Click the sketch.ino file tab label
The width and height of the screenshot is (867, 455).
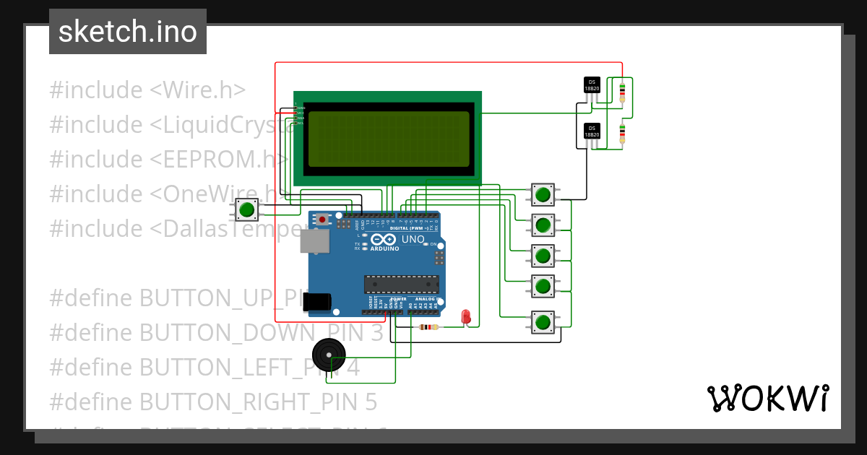127,32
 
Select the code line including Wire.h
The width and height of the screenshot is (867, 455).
147,90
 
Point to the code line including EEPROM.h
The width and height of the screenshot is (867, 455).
168,159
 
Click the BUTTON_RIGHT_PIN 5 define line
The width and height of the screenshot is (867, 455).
212,401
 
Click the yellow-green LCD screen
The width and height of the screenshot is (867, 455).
389,139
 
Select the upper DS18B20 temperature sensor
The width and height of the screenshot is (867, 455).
592,86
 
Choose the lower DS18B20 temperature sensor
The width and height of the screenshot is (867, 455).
592,132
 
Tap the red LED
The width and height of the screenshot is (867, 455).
466,316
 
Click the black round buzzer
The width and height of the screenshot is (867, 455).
329,355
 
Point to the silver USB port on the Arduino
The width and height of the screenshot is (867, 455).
314,241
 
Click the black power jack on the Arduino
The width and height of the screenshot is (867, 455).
317,302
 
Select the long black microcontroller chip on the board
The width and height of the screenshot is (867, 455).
401,285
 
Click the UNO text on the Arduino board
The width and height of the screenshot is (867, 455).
413,239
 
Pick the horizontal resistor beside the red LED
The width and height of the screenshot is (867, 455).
428,327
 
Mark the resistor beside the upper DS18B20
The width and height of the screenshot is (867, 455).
623,90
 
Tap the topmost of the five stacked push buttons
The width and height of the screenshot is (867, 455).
543,194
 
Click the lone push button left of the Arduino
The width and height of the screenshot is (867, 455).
247,210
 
